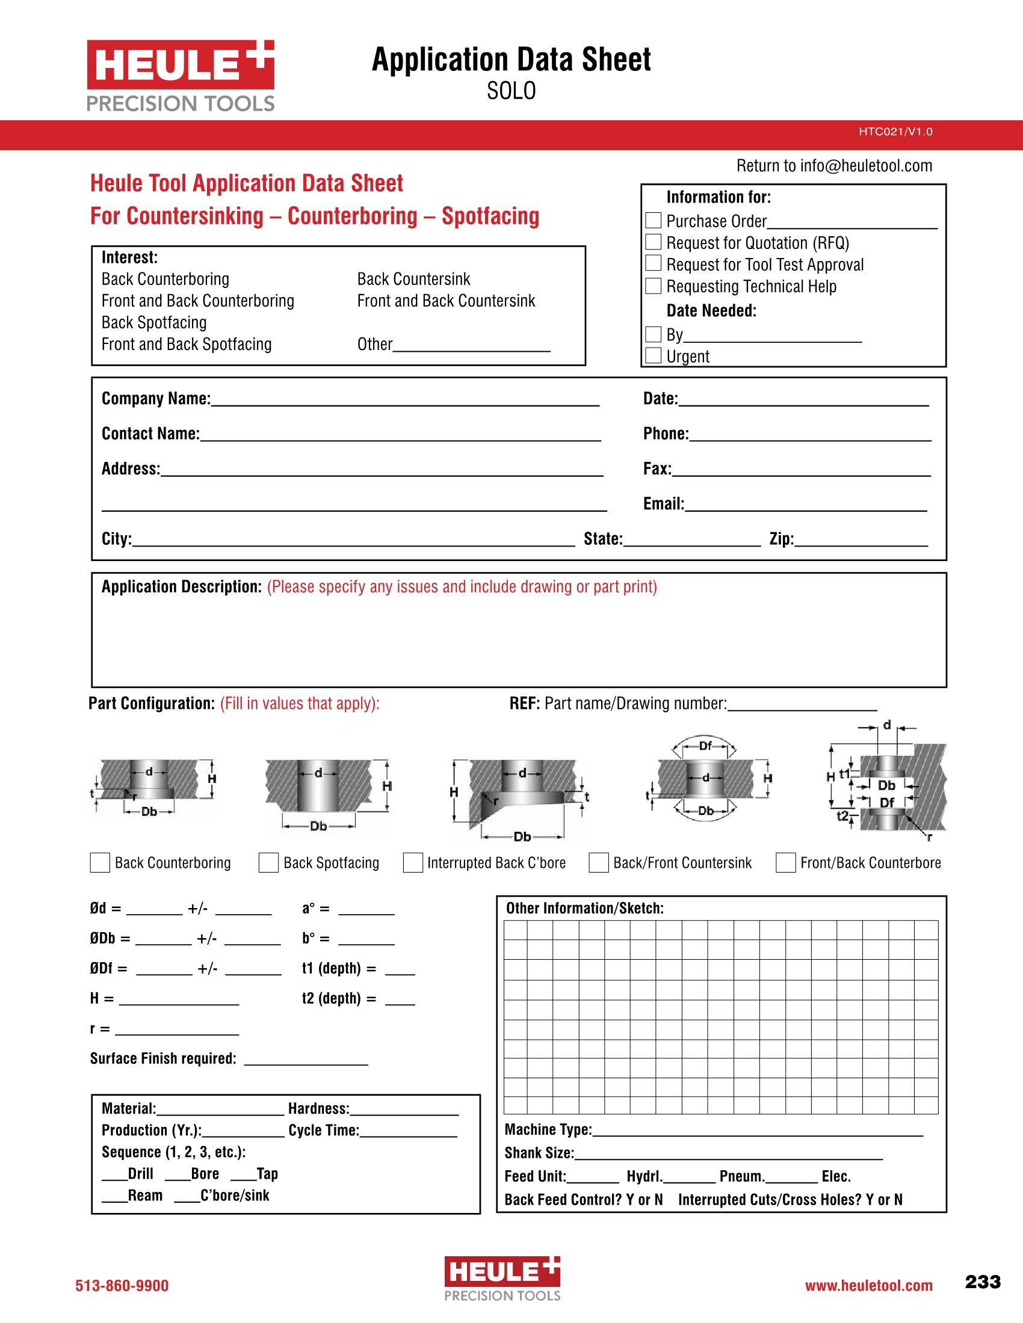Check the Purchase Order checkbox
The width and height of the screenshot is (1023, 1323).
(653, 221)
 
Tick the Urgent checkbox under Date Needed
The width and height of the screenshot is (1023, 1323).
(653, 355)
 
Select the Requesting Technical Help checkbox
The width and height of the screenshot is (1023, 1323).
(653, 286)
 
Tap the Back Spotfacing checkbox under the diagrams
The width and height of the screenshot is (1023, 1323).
(268, 862)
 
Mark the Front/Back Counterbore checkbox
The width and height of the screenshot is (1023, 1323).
(785, 862)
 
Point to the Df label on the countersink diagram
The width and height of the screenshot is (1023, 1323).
(705, 746)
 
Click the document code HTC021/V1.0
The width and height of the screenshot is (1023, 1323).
(895, 132)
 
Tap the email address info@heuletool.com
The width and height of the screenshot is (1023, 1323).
(866, 166)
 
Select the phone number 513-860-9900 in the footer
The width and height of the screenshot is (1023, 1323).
(122, 1286)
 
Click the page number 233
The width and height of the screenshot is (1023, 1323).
(983, 1282)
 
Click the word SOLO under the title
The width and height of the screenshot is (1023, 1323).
(511, 91)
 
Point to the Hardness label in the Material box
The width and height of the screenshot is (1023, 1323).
(319, 1108)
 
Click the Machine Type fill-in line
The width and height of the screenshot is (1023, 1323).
(758, 1131)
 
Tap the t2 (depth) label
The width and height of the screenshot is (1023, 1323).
(339, 998)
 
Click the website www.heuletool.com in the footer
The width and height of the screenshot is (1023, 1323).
(868, 1286)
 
